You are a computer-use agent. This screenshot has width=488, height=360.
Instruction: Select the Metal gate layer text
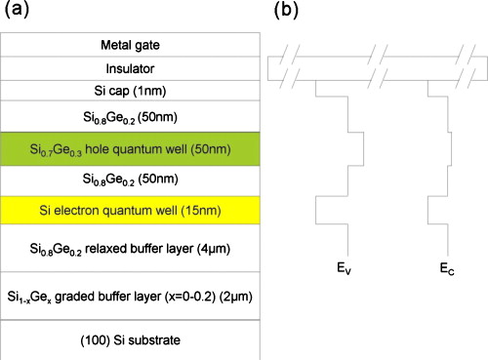pyautogui.click(x=130, y=45)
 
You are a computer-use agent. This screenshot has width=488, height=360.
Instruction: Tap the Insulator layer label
pyautogui.click(x=130, y=67)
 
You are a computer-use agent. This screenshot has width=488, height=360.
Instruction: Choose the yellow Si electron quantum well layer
pyautogui.click(x=130, y=210)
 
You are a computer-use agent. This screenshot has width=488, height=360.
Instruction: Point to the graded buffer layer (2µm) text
pyautogui.click(x=130, y=296)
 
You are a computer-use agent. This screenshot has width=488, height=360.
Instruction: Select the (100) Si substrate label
pyautogui.click(x=130, y=340)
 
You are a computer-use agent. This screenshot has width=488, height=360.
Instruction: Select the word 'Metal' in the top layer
pyautogui.click(x=116, y=45)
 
